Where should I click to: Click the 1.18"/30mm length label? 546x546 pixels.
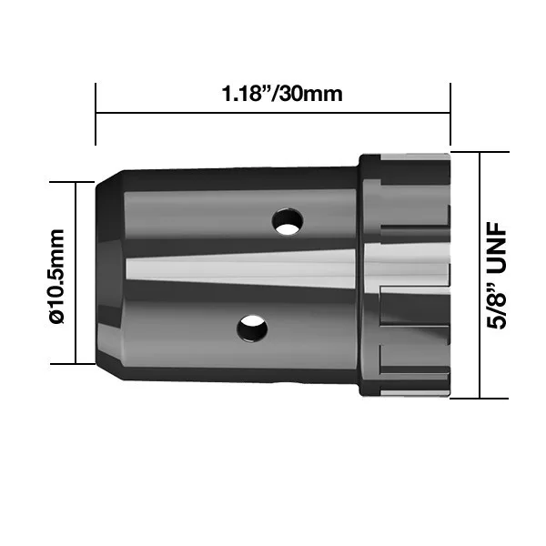[282, 94]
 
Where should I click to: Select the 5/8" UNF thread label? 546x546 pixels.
[496, 275]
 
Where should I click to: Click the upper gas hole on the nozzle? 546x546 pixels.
[287, 221]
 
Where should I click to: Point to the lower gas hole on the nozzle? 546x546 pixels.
[252, 329]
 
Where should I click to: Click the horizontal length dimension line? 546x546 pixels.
[273, 113]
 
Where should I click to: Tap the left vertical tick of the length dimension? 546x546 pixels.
[96, 114]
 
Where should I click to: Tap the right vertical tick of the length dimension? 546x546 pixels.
[450, 114]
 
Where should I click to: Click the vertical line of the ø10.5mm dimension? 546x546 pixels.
[76, 273]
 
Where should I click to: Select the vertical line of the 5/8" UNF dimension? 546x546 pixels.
[480, 275]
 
